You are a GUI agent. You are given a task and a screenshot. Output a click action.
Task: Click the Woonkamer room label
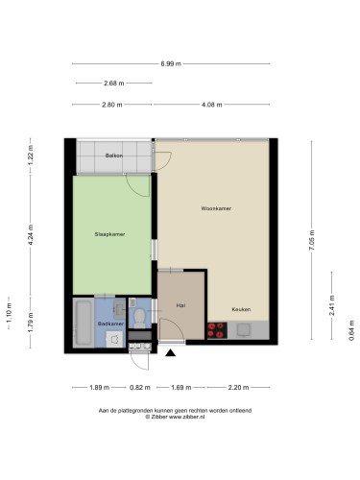pyautogui.click(x=216, y=208)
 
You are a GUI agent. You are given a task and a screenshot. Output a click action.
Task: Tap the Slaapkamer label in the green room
pyautogui.click(x=109, y=234)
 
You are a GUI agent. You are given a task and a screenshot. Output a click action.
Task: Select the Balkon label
pyautogui.click(x=114, y=156)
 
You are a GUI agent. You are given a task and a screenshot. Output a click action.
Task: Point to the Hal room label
pyautogui.click(x=180, y=305)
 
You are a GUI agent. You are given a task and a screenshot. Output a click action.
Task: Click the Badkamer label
pyautogui.click(x=110, y=324)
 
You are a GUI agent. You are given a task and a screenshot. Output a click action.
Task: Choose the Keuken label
pyautogui.click(x=241, y=309)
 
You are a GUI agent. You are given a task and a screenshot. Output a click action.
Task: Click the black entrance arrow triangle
pyautogui.click(x=171, y=352)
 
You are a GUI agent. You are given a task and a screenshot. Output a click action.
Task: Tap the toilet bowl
pyautogui.click(x=139, y=317)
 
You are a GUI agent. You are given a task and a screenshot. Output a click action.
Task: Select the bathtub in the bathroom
pyautogui.click(x=84, y=323)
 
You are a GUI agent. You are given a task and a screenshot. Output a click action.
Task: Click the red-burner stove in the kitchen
pyautogui.click(x=217, y=330)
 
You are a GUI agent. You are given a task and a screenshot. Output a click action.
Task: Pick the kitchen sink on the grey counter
pyautogui.click(x=244, y=329)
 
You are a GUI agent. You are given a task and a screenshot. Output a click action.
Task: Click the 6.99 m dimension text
pyautogui.click(x=171, y=63)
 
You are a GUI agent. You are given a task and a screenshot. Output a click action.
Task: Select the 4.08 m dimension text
pyautogui.click(x=212, y=105)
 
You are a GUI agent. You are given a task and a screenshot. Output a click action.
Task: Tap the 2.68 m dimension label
pyautogui.click(x=114, y=84)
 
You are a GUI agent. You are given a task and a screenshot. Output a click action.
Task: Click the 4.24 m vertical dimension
pyautogui.click(x=31, y=235)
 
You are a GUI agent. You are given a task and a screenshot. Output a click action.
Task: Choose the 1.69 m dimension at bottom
pyautogui.click(x=181, y=388)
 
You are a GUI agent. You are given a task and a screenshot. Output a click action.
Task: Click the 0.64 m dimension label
pyautogui.click(x=351, y=330)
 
